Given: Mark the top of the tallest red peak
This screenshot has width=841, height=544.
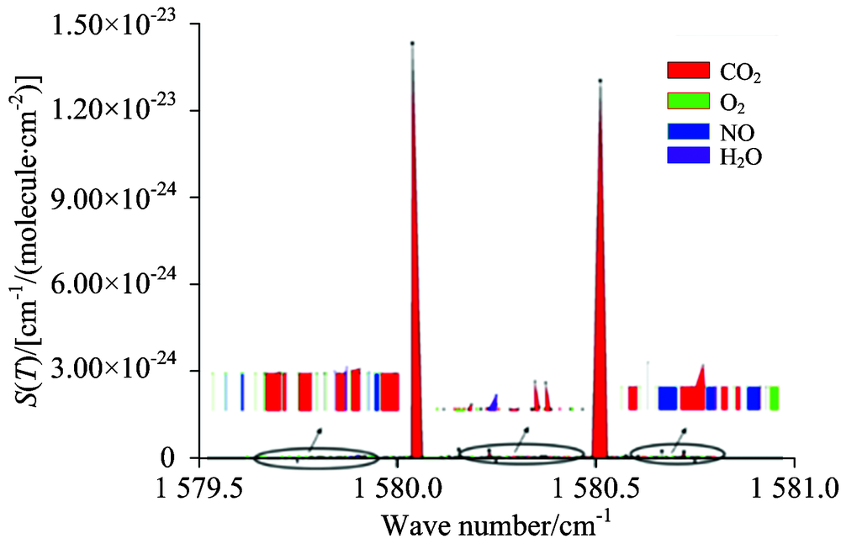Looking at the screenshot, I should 413,43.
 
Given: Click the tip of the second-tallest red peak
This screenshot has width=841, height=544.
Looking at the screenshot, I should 600,81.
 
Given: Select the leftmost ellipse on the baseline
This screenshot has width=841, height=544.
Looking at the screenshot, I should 317,458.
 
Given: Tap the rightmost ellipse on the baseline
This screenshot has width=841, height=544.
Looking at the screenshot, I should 677,454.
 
